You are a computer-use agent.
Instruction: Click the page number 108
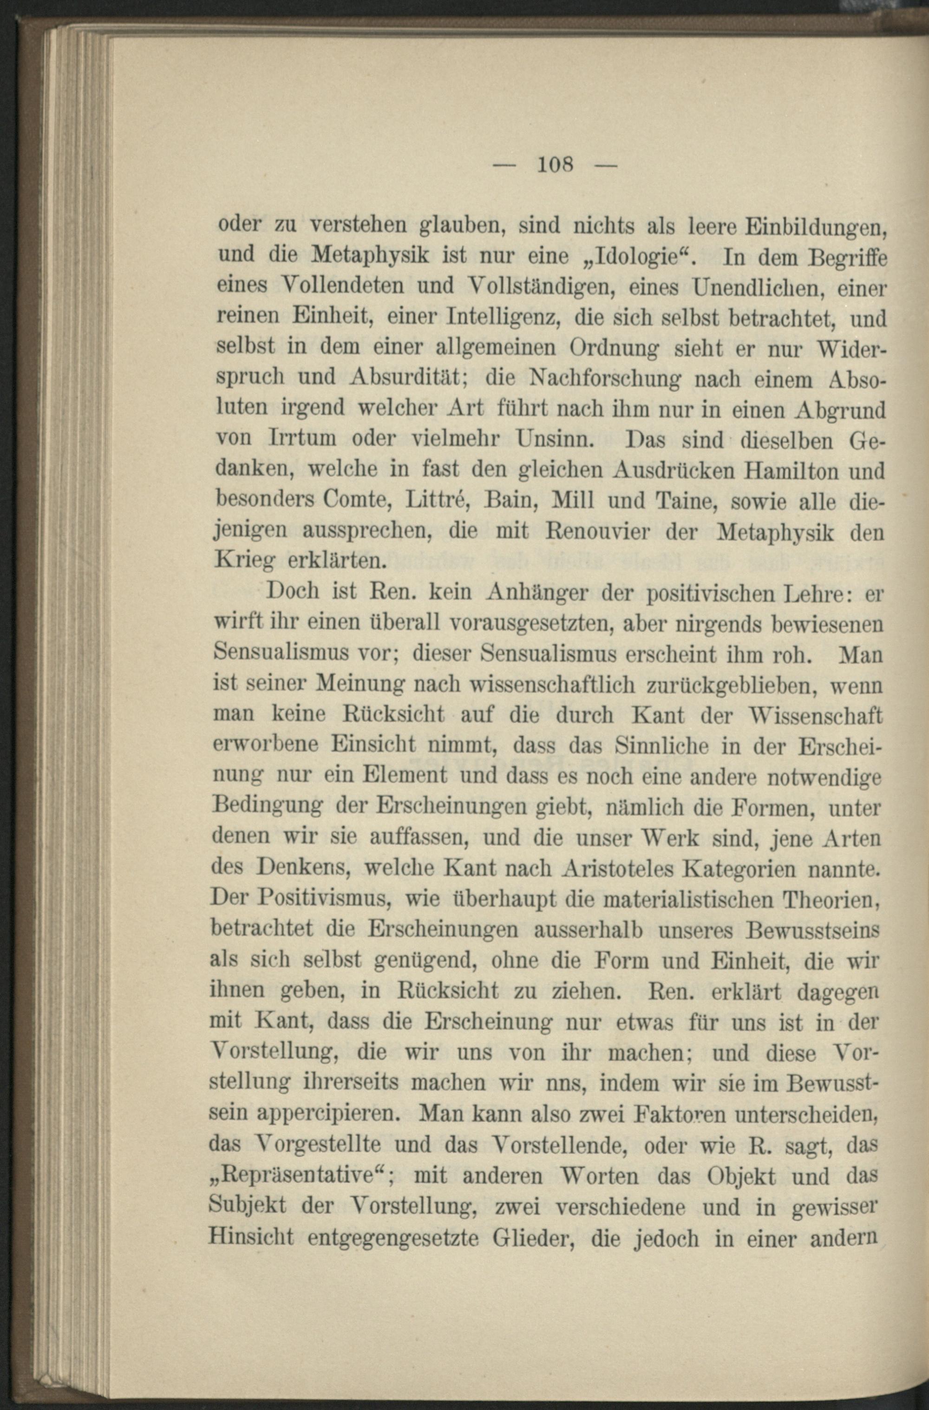555,163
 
